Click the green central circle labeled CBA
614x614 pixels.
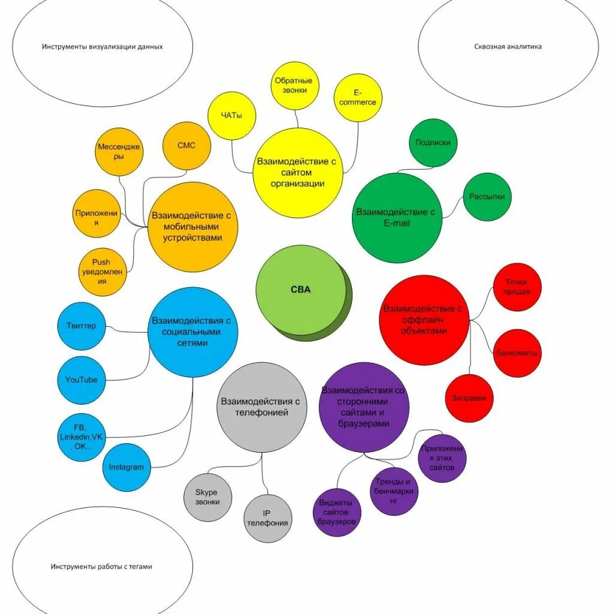301,290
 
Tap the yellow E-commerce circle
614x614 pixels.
358,98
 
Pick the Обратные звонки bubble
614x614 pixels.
294,85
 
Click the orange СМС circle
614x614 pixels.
186,146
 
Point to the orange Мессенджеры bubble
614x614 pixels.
120,152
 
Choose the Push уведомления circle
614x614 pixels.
103,272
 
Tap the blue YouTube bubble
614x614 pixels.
82,380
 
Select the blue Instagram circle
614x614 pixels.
127,467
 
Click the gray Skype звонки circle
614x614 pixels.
207,497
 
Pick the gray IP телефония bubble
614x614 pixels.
268,518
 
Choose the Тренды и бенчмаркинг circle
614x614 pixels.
394,491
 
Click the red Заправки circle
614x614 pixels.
469,398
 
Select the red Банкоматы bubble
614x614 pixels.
517,353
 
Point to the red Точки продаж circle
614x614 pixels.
517,287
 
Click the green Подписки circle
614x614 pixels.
433,143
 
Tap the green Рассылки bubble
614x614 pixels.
487,197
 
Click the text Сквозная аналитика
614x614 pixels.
507,46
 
